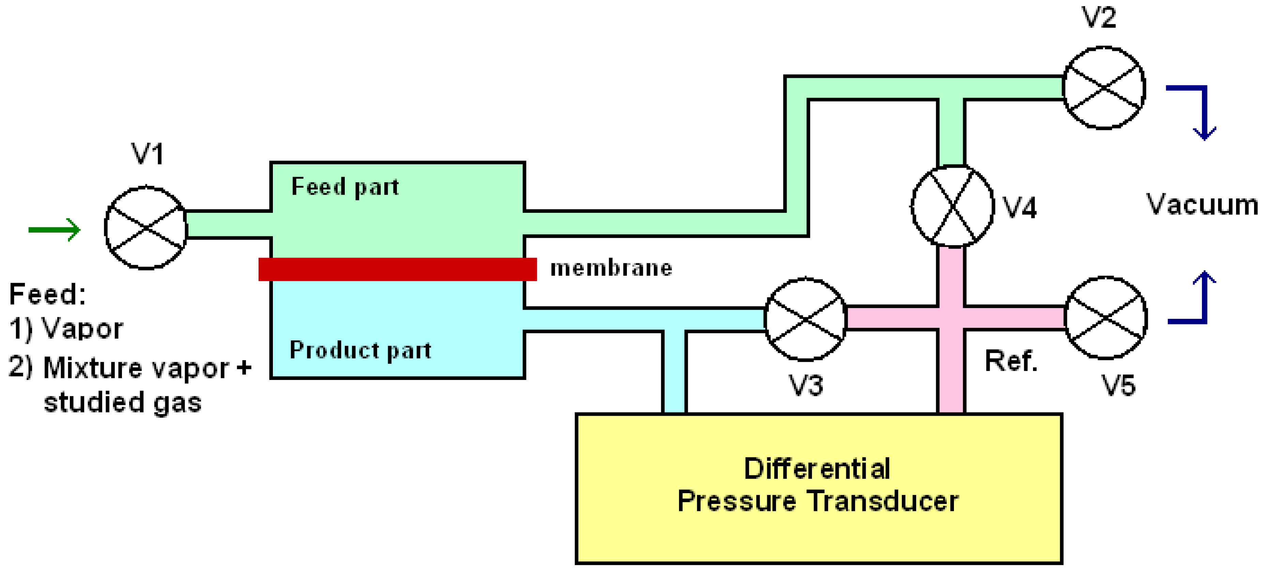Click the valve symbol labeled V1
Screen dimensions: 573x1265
[146, 227]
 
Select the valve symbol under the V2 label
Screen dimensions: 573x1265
[1104, 88]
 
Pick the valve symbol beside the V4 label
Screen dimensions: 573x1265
[953, 206]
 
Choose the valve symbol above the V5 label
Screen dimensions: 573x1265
[1106, 318]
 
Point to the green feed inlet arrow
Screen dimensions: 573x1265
[54, 230]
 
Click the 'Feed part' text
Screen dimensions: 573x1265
[345, 187]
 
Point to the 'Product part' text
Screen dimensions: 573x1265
[360, 350]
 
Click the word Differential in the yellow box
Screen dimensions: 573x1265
[817, 468]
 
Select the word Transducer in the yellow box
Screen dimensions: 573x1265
[882, 501]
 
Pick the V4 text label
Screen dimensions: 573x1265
[1019, 207]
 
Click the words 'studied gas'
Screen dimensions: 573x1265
[123, 402]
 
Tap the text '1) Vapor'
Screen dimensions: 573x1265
[66, 328]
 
